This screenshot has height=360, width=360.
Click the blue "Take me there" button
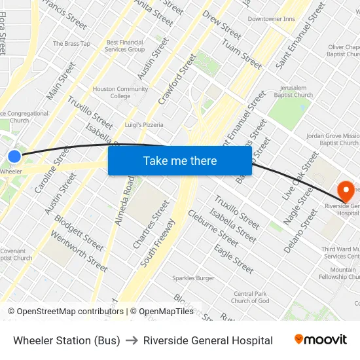(x=180, y=160)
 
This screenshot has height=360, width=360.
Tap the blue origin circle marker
(x=14, y=156)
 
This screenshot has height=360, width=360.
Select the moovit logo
(x=320, y=340)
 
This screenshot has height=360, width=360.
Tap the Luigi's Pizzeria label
(x=144, y=124)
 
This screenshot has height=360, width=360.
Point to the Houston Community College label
(x=120, y=92)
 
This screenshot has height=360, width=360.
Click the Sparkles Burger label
(x=193, y=278)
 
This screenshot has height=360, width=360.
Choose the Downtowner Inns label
(x=271, y=19)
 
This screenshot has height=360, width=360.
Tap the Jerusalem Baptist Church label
(x=293, y=91)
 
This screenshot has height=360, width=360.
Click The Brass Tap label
(x=71, y=44)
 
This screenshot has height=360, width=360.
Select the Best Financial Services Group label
(x=125, y=46)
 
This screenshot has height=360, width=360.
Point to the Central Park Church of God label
(x=250, y=297)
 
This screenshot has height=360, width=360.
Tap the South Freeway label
(x=157, y=242)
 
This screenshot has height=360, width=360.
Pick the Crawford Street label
(x=177, y=80)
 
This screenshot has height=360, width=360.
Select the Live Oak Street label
(x=300, y=177)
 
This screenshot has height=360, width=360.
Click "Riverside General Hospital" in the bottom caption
(x=208, y=340)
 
